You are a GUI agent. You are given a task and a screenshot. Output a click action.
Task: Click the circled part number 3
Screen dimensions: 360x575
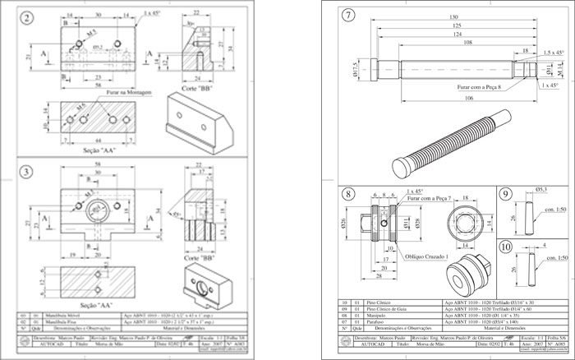point(28,171)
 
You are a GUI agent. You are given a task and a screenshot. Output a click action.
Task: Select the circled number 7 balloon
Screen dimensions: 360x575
point(348,16)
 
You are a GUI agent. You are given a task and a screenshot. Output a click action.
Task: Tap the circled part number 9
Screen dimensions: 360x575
point(505,195)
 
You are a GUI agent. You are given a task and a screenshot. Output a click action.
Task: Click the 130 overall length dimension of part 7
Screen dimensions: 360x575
point(454,17)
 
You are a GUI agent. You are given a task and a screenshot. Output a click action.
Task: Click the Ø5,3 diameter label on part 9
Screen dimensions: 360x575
point(541,190)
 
